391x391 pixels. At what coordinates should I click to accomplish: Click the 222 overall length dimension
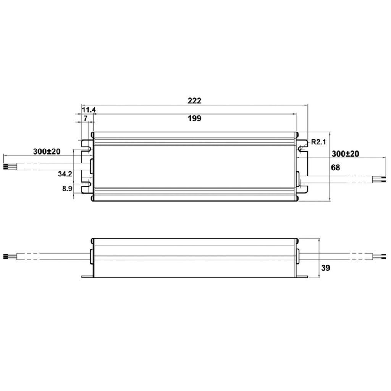(194, 101)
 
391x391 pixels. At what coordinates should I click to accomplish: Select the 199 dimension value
(194, 118)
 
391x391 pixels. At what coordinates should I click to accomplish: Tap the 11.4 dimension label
(89, 110)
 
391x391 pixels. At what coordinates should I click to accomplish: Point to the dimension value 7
(86, 118)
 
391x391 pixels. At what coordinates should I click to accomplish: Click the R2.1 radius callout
(318, 142)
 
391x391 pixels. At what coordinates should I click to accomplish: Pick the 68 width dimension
(336, 167)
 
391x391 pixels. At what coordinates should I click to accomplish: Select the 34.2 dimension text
(65, 174)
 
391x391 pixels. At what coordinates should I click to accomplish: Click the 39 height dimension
(325, 268)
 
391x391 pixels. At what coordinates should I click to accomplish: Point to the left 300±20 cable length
(47, 152)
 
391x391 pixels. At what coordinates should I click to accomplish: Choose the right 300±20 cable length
(345, 154)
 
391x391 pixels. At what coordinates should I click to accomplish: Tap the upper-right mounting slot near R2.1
(302, 146)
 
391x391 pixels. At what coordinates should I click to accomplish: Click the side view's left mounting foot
(87, 276)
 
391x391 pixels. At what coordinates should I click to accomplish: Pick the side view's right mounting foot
(302, 276)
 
